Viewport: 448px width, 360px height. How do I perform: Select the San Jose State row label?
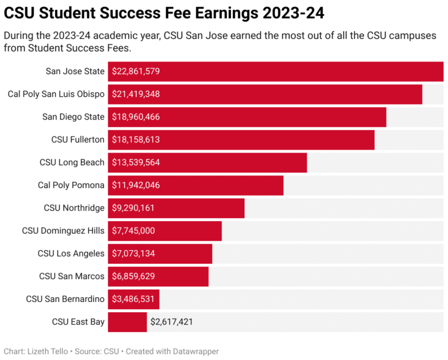[75, 72]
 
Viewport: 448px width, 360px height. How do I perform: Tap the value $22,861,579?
[136, 72]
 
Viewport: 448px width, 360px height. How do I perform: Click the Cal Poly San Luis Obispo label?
[56, 94]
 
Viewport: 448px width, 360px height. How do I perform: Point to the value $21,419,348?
[136, 94]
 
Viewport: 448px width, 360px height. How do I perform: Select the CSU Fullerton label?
[78, 140]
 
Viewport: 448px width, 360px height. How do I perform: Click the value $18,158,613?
[136, 140]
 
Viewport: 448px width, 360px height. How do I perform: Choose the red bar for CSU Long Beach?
[236, 163]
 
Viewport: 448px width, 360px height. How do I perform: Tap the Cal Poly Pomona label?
[71, 185]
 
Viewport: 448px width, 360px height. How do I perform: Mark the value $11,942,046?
[136, 185]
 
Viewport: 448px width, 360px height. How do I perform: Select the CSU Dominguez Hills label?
[63, 231]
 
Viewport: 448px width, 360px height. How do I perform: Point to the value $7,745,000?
[134, 231]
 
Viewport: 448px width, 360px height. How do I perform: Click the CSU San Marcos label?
[72, 276]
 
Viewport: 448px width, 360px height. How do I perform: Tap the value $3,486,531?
[133, 299]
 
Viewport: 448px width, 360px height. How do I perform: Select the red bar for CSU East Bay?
[127, 322]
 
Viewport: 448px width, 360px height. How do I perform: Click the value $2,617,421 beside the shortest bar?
[171, 322]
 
